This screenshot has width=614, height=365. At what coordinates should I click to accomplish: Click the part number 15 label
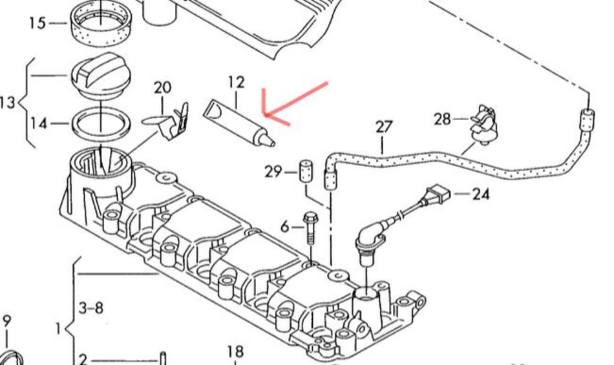click(x=37, y=23)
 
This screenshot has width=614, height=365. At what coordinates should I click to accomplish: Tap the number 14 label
click(x=39, y=123)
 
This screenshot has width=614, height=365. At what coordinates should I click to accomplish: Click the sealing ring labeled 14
click(x=102, y=123)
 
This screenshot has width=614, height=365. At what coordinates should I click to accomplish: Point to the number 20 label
click(x=162, y=87)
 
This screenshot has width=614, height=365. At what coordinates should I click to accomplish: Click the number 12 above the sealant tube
click(x=236, y=82)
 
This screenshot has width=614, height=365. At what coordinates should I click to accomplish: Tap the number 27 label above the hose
click(x=384, y=127)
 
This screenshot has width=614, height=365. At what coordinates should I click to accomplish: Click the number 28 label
click(x=441, y=120)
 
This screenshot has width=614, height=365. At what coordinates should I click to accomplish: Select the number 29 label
click(x=273, y=172)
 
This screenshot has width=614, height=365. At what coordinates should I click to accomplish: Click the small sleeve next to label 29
click(x=306, y=172)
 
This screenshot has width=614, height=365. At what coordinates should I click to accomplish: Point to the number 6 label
click(x=284, y=227)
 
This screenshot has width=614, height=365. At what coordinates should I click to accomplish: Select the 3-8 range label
click(x=90, y=308)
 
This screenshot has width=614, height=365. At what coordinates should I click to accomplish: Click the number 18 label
click(x=235, y=351)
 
